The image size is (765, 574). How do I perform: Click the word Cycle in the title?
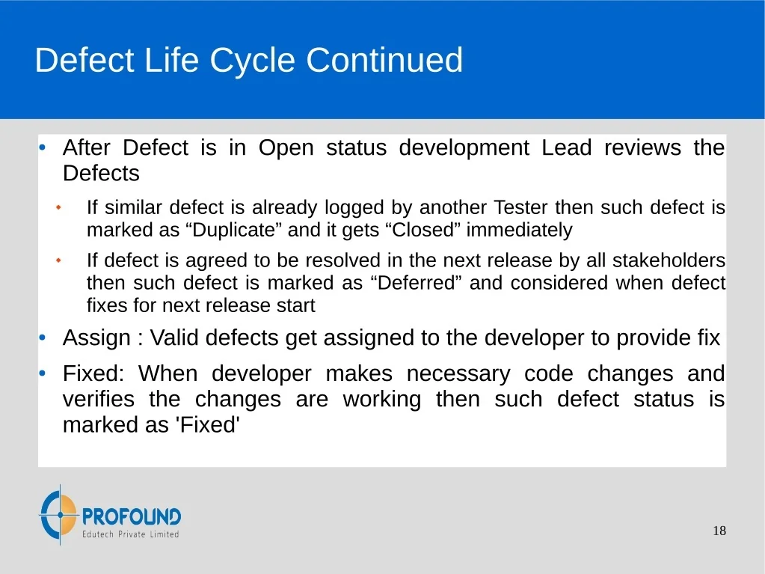point(252,61)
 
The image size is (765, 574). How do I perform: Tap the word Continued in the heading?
point(384,60)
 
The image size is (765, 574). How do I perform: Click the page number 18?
point(719,531)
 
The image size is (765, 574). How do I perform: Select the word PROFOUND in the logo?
point(132,516)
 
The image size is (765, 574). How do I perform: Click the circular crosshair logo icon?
point(59,515)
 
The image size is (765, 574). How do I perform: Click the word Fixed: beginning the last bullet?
point(93,373)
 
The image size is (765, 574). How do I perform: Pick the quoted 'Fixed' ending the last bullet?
point(210,424)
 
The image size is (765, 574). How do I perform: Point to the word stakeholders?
point(669,260)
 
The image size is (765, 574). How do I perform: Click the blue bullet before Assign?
point(43,338)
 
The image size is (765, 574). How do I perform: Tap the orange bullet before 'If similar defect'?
point(58,207)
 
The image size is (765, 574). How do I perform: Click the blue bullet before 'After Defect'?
point(43,147)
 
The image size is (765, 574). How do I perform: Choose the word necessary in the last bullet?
point(458,374)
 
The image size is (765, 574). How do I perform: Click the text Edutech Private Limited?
point(130,534)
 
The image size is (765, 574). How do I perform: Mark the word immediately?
point(519,230)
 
